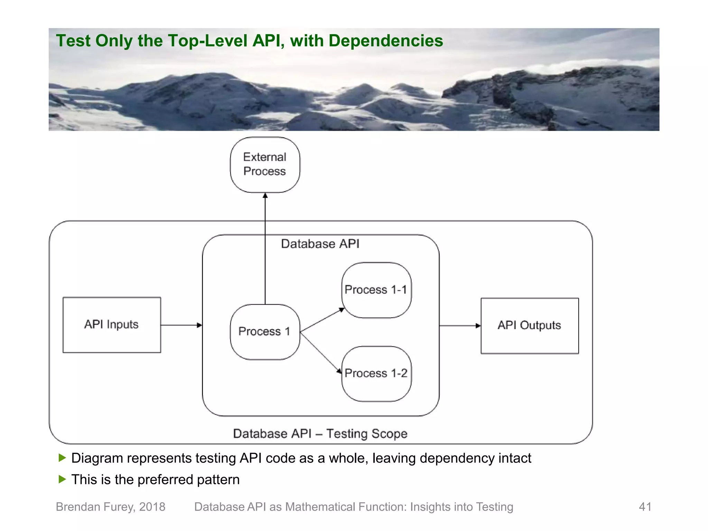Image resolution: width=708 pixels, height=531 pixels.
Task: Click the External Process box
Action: [x=265, y=165]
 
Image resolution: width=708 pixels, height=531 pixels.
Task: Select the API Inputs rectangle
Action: [x=112, y=325]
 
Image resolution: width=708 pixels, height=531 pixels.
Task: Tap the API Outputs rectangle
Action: [x=529, y=325]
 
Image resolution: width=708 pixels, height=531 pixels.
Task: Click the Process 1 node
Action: [x=264, y=332]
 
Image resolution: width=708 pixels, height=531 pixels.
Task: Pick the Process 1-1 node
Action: [x=376, y=290]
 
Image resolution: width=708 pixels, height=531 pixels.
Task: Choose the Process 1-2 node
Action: [x=376, y=373]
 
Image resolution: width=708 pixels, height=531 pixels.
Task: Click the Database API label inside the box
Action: [x=320, y=244]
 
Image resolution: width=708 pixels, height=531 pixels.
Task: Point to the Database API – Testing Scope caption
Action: [x=320, y=434]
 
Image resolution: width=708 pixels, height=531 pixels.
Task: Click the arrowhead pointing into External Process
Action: [x=265, y=196]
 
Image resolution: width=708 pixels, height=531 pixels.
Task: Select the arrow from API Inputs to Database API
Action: [x=181, y=325]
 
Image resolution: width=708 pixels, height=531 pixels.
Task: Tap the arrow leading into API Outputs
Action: [x=460, y=326]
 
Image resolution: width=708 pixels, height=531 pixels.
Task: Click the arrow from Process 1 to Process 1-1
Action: [x=322, y=320]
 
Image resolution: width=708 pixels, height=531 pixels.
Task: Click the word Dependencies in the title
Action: [x=385, y=41]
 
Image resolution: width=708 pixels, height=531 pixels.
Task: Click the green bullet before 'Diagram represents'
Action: [x=62, y=458]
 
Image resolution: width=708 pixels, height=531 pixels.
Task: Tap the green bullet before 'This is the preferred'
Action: [x=62, y=479]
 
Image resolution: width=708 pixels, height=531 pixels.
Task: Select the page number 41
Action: [x=645, y=507]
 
